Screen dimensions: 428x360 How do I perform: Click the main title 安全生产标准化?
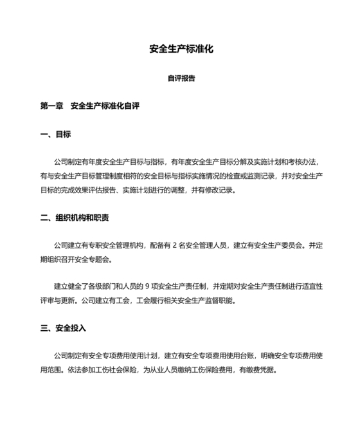point(181,49)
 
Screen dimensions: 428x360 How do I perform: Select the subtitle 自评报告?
point(181,79)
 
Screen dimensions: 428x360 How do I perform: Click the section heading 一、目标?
point(55,135)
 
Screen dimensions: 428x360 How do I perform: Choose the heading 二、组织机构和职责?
point(75,218)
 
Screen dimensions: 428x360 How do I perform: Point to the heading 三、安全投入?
point(63,328)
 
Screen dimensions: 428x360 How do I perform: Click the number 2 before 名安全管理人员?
point(174,245)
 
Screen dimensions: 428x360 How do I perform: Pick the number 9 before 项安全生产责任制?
point(166,285)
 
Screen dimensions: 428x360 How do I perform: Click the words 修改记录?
point(220,191)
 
